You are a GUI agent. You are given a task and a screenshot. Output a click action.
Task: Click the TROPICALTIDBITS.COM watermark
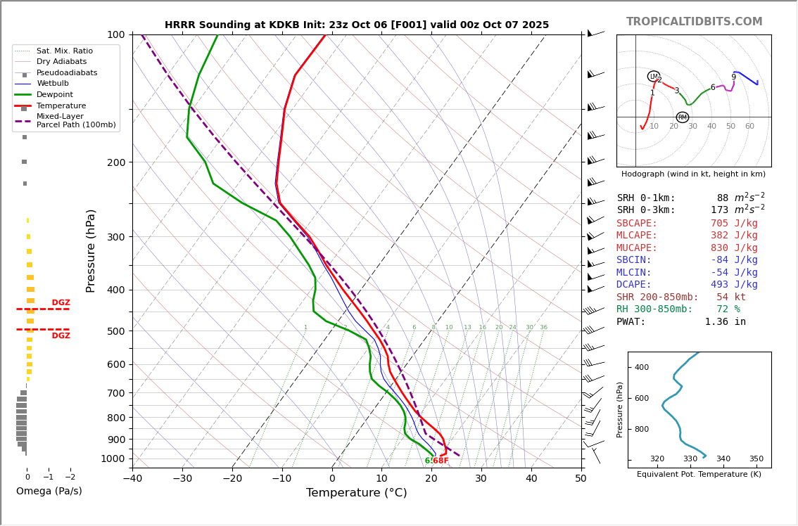point(694,22)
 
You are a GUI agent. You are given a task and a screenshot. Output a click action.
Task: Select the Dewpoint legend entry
point(54,95)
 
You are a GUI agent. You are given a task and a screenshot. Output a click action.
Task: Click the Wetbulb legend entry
point(53,84)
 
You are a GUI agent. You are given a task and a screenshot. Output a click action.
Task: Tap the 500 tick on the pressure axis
point(115,331)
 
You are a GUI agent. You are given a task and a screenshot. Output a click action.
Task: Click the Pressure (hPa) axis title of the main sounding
point(91,250)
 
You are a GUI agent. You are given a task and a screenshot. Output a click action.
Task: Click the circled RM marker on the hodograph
point(682,117)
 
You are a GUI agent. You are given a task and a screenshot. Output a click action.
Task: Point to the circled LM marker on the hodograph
point(654,77)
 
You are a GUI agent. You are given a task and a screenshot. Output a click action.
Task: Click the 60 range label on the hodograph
point(749,127)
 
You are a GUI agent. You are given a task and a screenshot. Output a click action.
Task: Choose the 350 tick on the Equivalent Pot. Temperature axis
point(756,459)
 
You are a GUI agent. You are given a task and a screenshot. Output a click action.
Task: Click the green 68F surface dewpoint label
point(441,461)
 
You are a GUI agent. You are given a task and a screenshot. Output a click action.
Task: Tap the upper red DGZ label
point(61,303)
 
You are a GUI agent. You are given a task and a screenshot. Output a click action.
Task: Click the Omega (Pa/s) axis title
point(49,492)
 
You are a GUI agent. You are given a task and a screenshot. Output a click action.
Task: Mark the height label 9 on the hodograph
point(733,77)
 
